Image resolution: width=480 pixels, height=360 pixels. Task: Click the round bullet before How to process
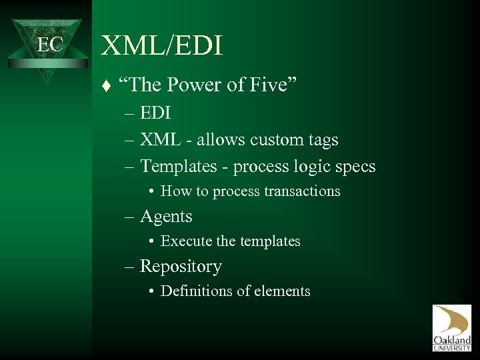pos(153,192)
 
